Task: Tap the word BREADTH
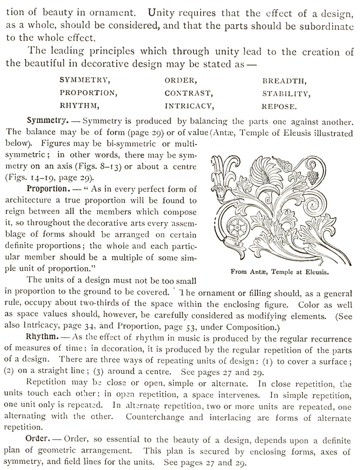click(x=284, y=81)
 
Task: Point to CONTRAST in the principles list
click(x=189, y=94)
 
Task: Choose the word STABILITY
click(x=286, y=94)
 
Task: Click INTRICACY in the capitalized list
click(x=189, y=106)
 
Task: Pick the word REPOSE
click(x=279, y=107)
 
